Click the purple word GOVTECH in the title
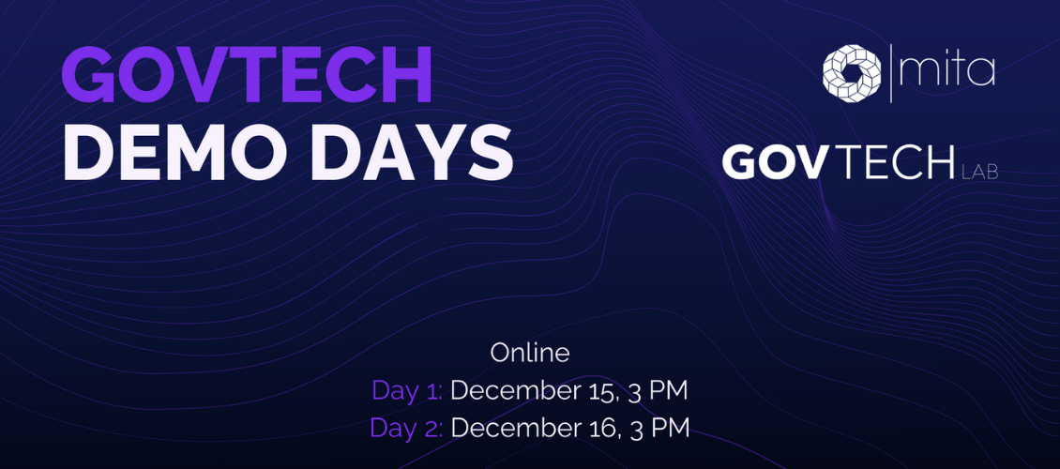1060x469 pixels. (247, 76)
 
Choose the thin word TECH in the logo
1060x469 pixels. (892, 162)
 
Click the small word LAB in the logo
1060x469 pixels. (979, 174)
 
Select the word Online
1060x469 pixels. (530, 354)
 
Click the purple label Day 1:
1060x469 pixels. (407, 390)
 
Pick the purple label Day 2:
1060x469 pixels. (406, 427)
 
